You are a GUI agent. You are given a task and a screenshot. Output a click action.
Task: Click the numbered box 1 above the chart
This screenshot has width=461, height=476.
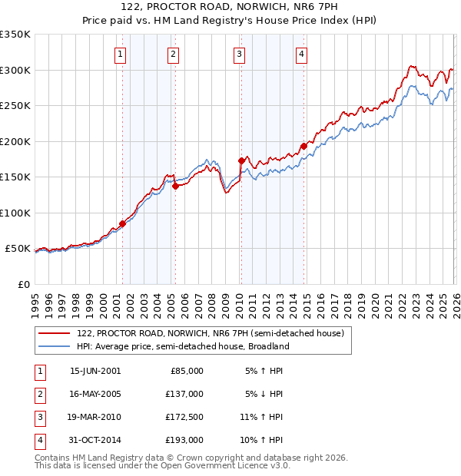[x=121, y=54]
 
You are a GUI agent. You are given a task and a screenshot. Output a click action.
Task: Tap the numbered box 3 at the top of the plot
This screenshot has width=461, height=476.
[x=240, y=54]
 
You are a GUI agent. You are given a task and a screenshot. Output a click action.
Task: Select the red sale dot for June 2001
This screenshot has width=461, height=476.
[x=122, y=223]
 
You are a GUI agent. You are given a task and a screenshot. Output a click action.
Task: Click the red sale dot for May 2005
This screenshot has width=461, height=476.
[x=175, y=186]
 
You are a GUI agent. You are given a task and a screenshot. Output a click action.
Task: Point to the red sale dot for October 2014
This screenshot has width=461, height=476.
[x=303, y=146]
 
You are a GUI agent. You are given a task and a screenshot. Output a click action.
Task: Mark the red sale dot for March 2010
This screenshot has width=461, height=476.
[x=241, y=160]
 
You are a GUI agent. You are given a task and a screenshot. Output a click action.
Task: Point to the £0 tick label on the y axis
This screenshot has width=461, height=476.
[x=23, y=284]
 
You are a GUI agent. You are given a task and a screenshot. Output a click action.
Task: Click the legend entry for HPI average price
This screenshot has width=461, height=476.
[x=182, y=346]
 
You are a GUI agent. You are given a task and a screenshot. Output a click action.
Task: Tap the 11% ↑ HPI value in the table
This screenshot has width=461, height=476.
[x=262, y=418]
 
